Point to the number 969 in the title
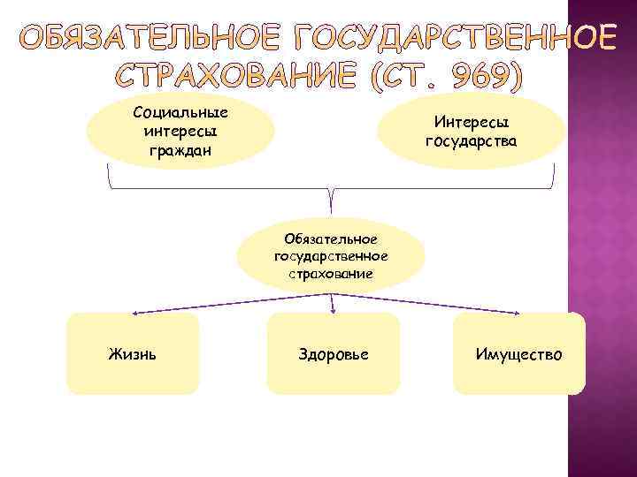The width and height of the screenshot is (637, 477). (481, 78)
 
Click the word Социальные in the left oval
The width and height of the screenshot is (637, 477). (180, 113)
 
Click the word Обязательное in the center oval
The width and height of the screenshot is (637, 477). (331, 238)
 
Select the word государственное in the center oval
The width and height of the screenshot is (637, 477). (331, 256)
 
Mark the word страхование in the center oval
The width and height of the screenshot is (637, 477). (331, 274)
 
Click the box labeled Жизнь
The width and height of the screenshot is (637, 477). (134, 353)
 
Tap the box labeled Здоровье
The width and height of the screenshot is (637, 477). (334, 353)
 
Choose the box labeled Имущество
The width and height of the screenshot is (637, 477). (518, 353)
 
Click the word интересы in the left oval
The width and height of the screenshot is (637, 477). (180, 131)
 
